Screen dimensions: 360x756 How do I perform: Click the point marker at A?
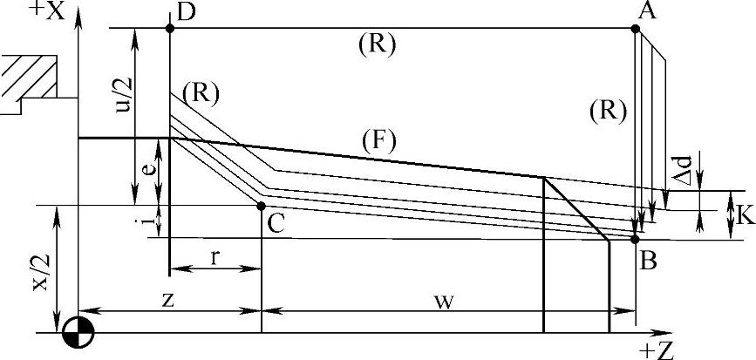[x=636, y=29]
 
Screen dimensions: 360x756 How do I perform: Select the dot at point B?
[x=636, y=238]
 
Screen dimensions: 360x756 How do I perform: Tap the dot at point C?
[x=262, y=206]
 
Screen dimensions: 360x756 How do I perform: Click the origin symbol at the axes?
[x=79, y=332]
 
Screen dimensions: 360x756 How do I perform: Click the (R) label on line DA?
[x=377, y=44]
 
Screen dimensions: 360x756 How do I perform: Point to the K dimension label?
[x=743, y=212]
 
